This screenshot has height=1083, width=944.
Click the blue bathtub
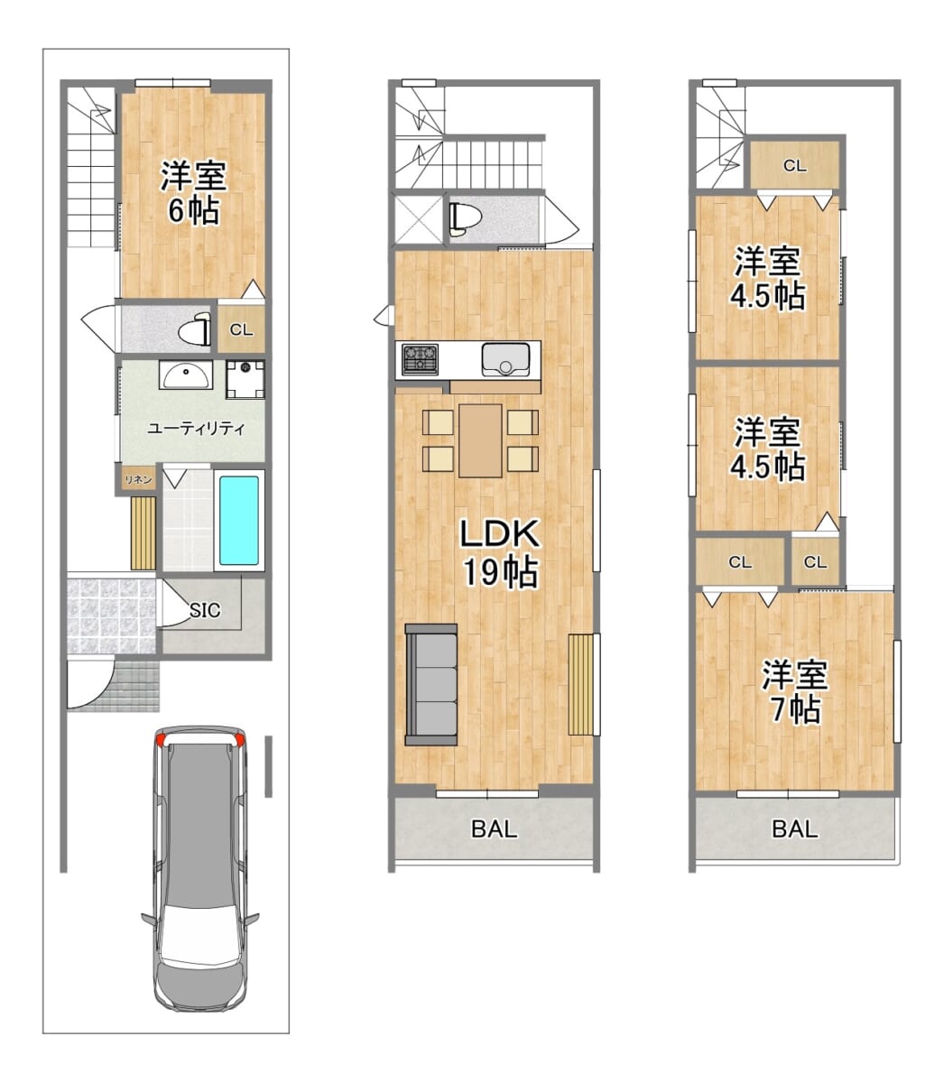[x=239, y=521]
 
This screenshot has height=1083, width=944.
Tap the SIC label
[x=205, y=610]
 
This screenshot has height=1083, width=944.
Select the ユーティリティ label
[x=196, y=428]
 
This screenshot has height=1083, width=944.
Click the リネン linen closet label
[x=138, y=480]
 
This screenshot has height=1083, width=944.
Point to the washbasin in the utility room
[x=186, y=375]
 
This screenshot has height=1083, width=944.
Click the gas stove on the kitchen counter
[x=421, y=359]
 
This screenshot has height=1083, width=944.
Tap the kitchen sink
[x=505, y=360]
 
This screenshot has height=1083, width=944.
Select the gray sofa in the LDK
[x=430, y=685]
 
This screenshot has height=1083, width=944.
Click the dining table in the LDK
[x=480, y=440]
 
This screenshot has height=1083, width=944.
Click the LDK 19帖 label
[x=500, y=552]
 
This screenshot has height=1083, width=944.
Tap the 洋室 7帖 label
[x=794, y=692]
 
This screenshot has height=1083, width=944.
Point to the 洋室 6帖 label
[x=194, y=193]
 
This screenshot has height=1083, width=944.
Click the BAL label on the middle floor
[x=495, y=828]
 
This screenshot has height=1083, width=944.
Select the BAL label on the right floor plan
[x=795, y=828]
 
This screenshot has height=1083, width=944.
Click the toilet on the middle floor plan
[x=464, y=218]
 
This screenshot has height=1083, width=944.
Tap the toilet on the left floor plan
[x=195, y=329]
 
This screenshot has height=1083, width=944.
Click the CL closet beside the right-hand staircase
[x=795, y=166]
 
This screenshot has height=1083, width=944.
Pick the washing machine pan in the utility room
[x=245, y=379]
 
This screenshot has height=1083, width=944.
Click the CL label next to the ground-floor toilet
[x=241, y=329]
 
